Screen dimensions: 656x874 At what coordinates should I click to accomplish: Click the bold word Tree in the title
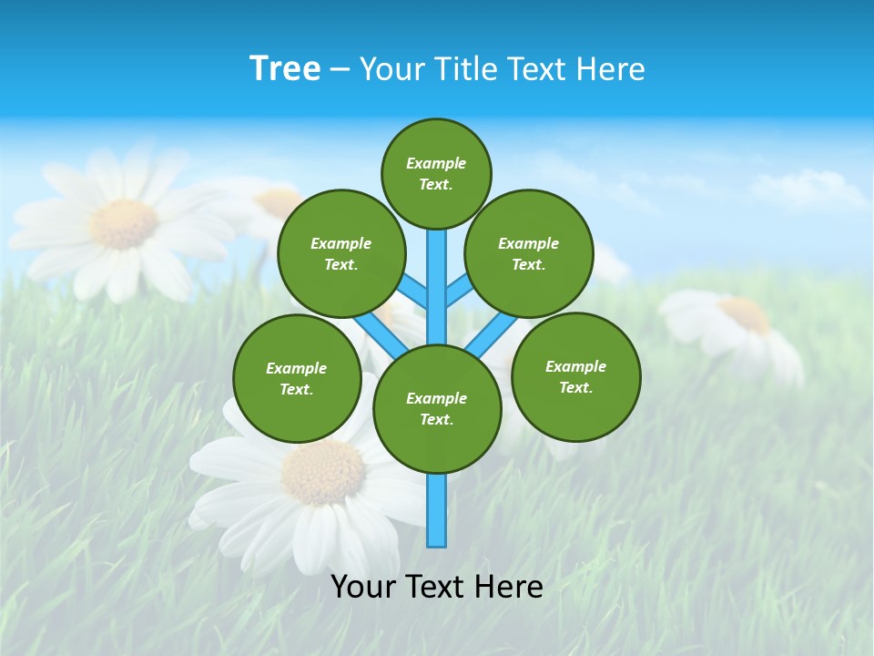(x=285, y=69)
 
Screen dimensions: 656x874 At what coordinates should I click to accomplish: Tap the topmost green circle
(x=436, y=174)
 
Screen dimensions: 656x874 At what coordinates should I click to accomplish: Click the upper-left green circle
(x=340, y=253)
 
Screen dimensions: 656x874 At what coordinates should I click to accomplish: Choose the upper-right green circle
(x=528, y=253)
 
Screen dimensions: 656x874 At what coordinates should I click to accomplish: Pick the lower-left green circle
(x=297, y=378)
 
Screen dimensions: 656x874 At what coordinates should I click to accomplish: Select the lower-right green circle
(x=575, y=376)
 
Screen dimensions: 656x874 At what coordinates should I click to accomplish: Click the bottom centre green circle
(x=437, y=409)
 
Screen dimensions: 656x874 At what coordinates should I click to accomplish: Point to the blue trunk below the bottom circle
(x=437, y=510)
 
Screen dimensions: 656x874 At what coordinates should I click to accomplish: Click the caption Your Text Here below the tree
(x=437, y=587)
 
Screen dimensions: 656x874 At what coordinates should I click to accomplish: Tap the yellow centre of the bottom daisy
(x=323, y=471)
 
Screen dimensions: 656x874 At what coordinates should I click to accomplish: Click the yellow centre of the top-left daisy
(x=124, y=223)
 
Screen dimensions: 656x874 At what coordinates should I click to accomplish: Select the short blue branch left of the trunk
(x=414, y=292)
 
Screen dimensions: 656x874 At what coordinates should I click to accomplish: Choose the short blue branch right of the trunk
(x=459, y=292)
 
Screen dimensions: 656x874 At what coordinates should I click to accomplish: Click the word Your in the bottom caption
(x=363, y=587)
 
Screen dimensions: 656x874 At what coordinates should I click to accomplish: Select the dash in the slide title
(x=340, y=70)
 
